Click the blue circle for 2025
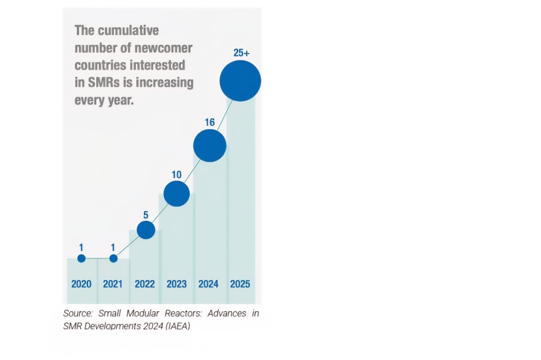coord(240,81)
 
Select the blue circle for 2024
coord(210,145)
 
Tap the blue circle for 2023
coord(177,194)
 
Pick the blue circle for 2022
coord(146,230)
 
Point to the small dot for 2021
coord(113,258)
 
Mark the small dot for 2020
coord(82,258)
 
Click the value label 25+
coord(241,53)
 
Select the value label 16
coord(209,122)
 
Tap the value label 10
coord(176,175)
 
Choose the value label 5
coord(146,215)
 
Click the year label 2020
coord(82,284)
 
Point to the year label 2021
coord(113,284)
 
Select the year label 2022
coord(145,284)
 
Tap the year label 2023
coord(177,284)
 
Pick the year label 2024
coord(208,284)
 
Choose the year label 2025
coord(240,284)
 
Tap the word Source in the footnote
coord(78,313)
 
